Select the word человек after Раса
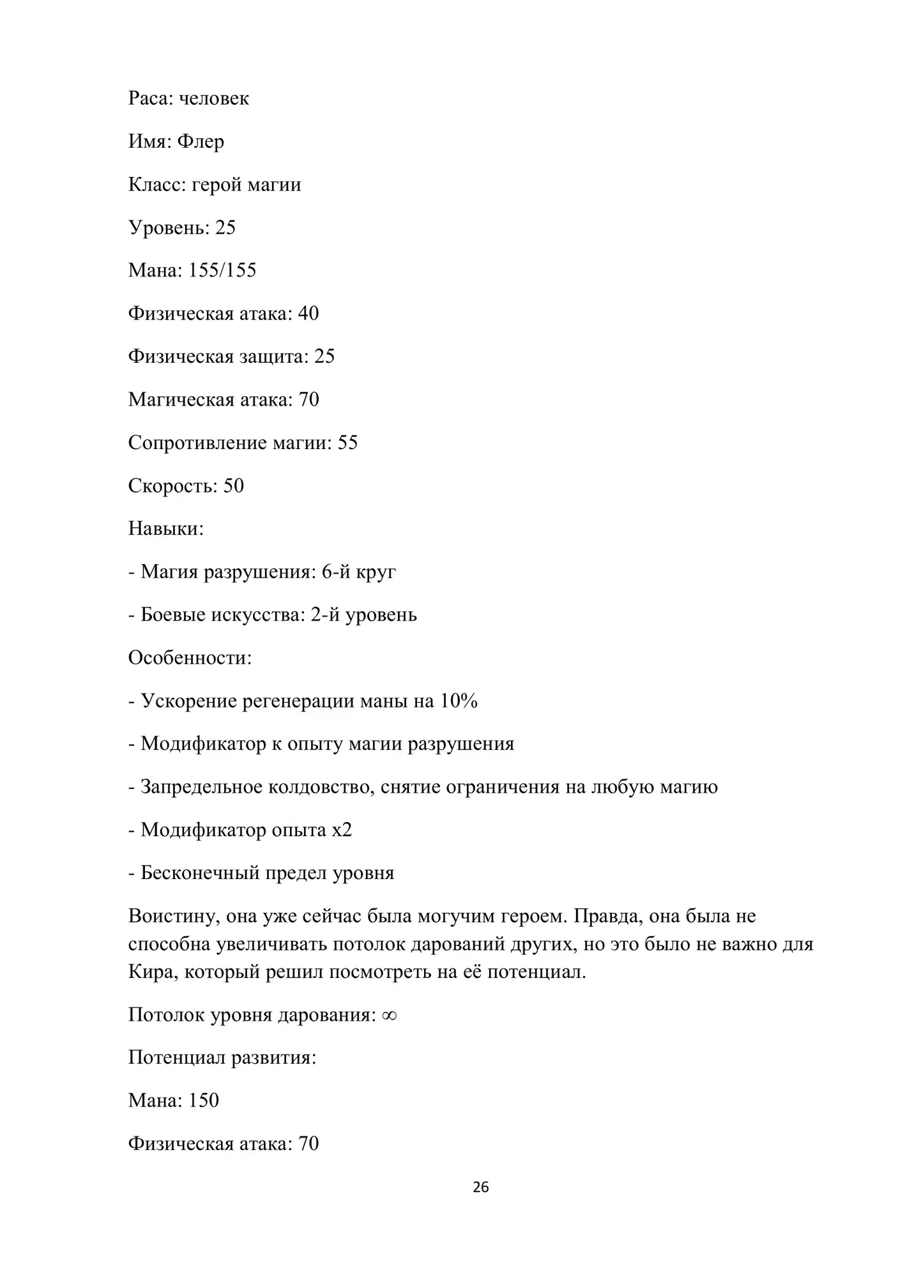(214, 98)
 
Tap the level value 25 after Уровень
(225, 227)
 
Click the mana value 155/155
(222, 270)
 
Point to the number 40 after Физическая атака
(308, 314)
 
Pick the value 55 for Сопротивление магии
(347, 443)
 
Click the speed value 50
(233, 486)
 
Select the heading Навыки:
(166, 528)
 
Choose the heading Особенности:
(190, 657)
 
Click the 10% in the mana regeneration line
(459, 701)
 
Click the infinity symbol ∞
(390, 1015)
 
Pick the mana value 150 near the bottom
(204, 1100)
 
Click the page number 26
(480, 1187)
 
